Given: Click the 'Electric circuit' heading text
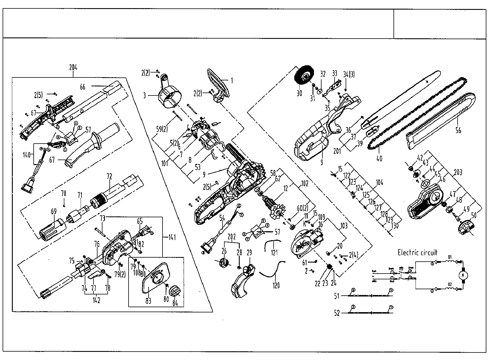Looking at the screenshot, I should pos(417,252).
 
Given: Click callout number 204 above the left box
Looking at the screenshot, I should pos(73,68).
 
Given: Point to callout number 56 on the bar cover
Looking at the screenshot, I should pos(458,131).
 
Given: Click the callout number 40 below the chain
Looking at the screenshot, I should pos(379,158).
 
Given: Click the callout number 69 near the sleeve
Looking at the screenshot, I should pos(54,211).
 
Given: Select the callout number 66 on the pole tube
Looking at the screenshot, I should pos(83,87).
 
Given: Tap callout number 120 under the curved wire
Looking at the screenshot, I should pos(276,286).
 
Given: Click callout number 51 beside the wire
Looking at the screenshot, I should pos(337,296).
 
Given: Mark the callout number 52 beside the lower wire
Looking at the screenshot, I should pos(337,313).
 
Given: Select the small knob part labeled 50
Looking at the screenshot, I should pos(466,227).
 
